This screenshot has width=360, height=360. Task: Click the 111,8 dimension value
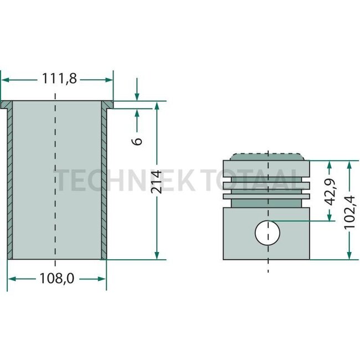[x=59, y=79]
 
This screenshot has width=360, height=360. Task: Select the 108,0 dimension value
[x=57, y=278]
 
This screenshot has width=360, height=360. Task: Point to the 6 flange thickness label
[x=137, y=141]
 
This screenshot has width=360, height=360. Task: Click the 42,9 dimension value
[x=330, y=192]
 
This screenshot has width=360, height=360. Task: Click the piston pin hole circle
[x=268, y=233]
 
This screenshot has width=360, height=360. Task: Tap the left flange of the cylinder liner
[x=6, y=105]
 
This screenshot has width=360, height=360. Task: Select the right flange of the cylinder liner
[x=107, y=105]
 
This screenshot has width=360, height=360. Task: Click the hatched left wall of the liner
[x=10, y=184]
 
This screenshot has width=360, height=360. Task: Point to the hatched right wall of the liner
[x=104, y=184]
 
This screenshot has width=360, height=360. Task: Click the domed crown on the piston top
[x=268, y=157]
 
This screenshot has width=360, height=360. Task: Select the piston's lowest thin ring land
[x=266, y=196]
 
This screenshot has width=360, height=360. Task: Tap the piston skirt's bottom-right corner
[x=310, y=259]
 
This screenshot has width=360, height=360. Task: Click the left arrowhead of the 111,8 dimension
[x=5, y=80]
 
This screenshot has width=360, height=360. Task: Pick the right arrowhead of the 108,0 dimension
[x=102, y=279]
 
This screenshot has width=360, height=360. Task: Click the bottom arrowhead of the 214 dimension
[x=157, y=255]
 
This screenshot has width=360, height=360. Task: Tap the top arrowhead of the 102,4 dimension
[x=349, y=165]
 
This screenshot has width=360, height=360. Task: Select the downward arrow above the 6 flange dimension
[x=137, y=89]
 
